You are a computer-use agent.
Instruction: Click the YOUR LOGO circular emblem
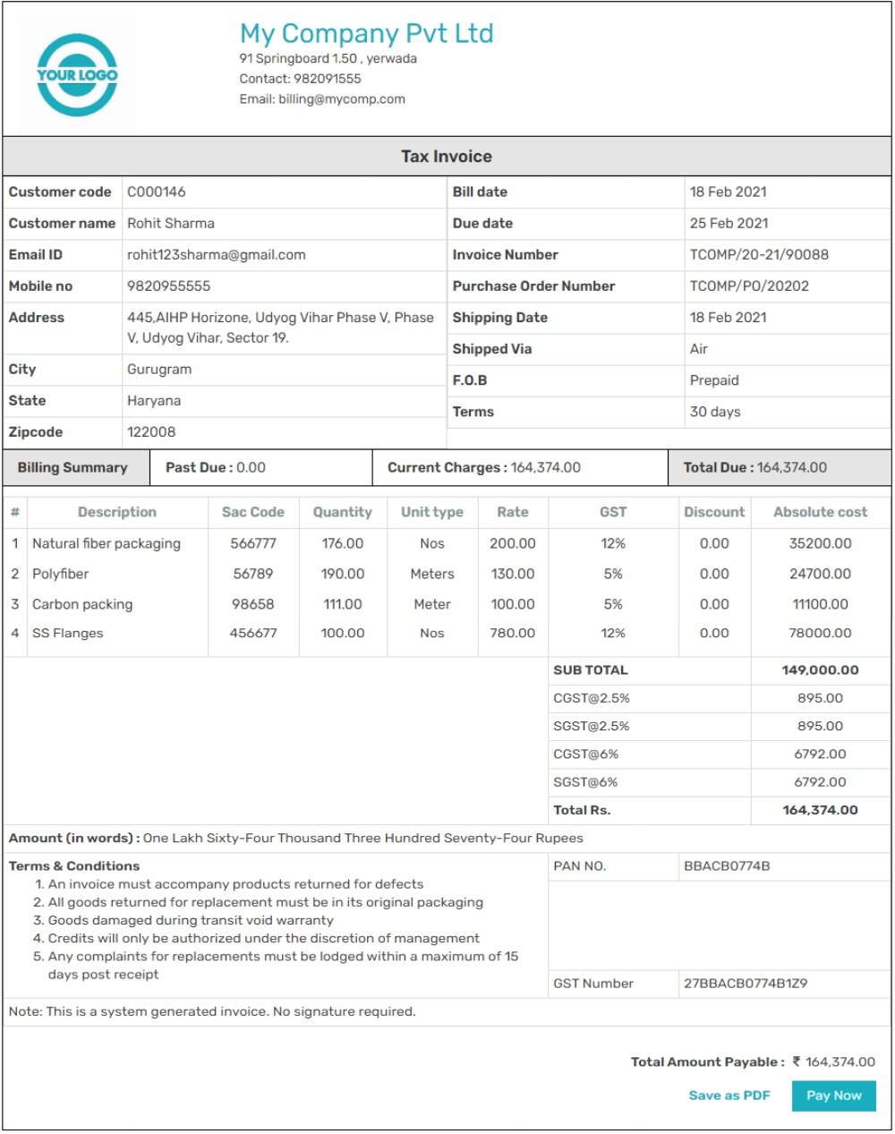(77, 75)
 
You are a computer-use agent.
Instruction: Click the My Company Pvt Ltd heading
(366, 34)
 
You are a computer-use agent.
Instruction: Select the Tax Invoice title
(447, 157)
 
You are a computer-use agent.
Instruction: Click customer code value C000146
(157, 192)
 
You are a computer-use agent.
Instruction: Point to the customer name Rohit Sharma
(171, 223)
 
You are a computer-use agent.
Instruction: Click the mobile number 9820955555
(169, 286)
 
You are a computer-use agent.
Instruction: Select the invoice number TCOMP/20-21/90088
(759, 255)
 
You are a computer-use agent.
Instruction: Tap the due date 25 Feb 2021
(729, 223)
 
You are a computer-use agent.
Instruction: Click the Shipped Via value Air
(699, 349)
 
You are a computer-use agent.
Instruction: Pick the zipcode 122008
(151, 432)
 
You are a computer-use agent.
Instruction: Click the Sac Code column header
(253, 512)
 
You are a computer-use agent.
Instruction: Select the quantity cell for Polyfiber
(343, 574)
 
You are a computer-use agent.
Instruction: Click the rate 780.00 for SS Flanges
(513, 633)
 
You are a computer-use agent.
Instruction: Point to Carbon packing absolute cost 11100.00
(821, 604)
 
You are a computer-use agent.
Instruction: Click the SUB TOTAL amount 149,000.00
(820, 670)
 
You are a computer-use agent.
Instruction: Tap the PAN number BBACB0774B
(727, 866)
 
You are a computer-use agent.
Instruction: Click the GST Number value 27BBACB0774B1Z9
(746, 984)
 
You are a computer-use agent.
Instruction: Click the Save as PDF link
(729, 1096)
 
